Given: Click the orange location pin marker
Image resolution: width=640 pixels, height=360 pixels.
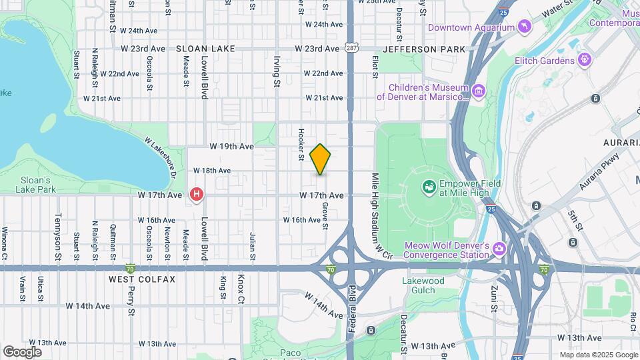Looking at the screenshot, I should (321, 159).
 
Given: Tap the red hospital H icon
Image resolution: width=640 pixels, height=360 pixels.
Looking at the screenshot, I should (197, 195).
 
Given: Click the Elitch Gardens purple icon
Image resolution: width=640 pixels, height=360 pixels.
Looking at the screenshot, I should (585, 61).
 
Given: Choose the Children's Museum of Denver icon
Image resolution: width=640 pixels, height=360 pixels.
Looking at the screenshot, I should (477, 91).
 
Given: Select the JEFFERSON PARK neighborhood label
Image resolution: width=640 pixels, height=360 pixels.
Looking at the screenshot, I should (424, 49).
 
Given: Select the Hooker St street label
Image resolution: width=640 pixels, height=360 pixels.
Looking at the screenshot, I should (301, 145).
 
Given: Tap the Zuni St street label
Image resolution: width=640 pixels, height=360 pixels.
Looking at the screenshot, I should (495, 297).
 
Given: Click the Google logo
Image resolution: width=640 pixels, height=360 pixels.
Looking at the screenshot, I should (22, 351).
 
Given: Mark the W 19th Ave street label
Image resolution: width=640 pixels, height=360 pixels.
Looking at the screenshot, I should (232, 146).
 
